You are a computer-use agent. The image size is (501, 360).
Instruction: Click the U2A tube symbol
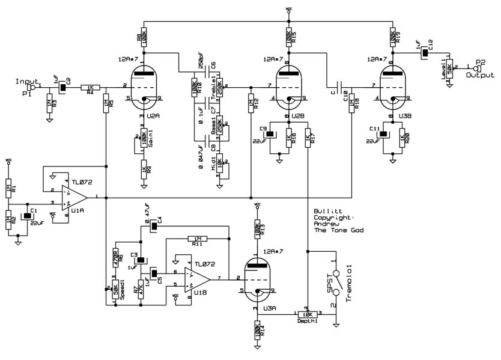click(144, 84)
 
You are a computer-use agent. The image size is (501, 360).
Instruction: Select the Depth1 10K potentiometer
click(307, 314)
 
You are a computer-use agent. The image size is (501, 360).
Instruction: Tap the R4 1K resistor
click(90, 87)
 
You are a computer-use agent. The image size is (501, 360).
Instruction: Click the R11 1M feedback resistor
click(197, 237)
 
